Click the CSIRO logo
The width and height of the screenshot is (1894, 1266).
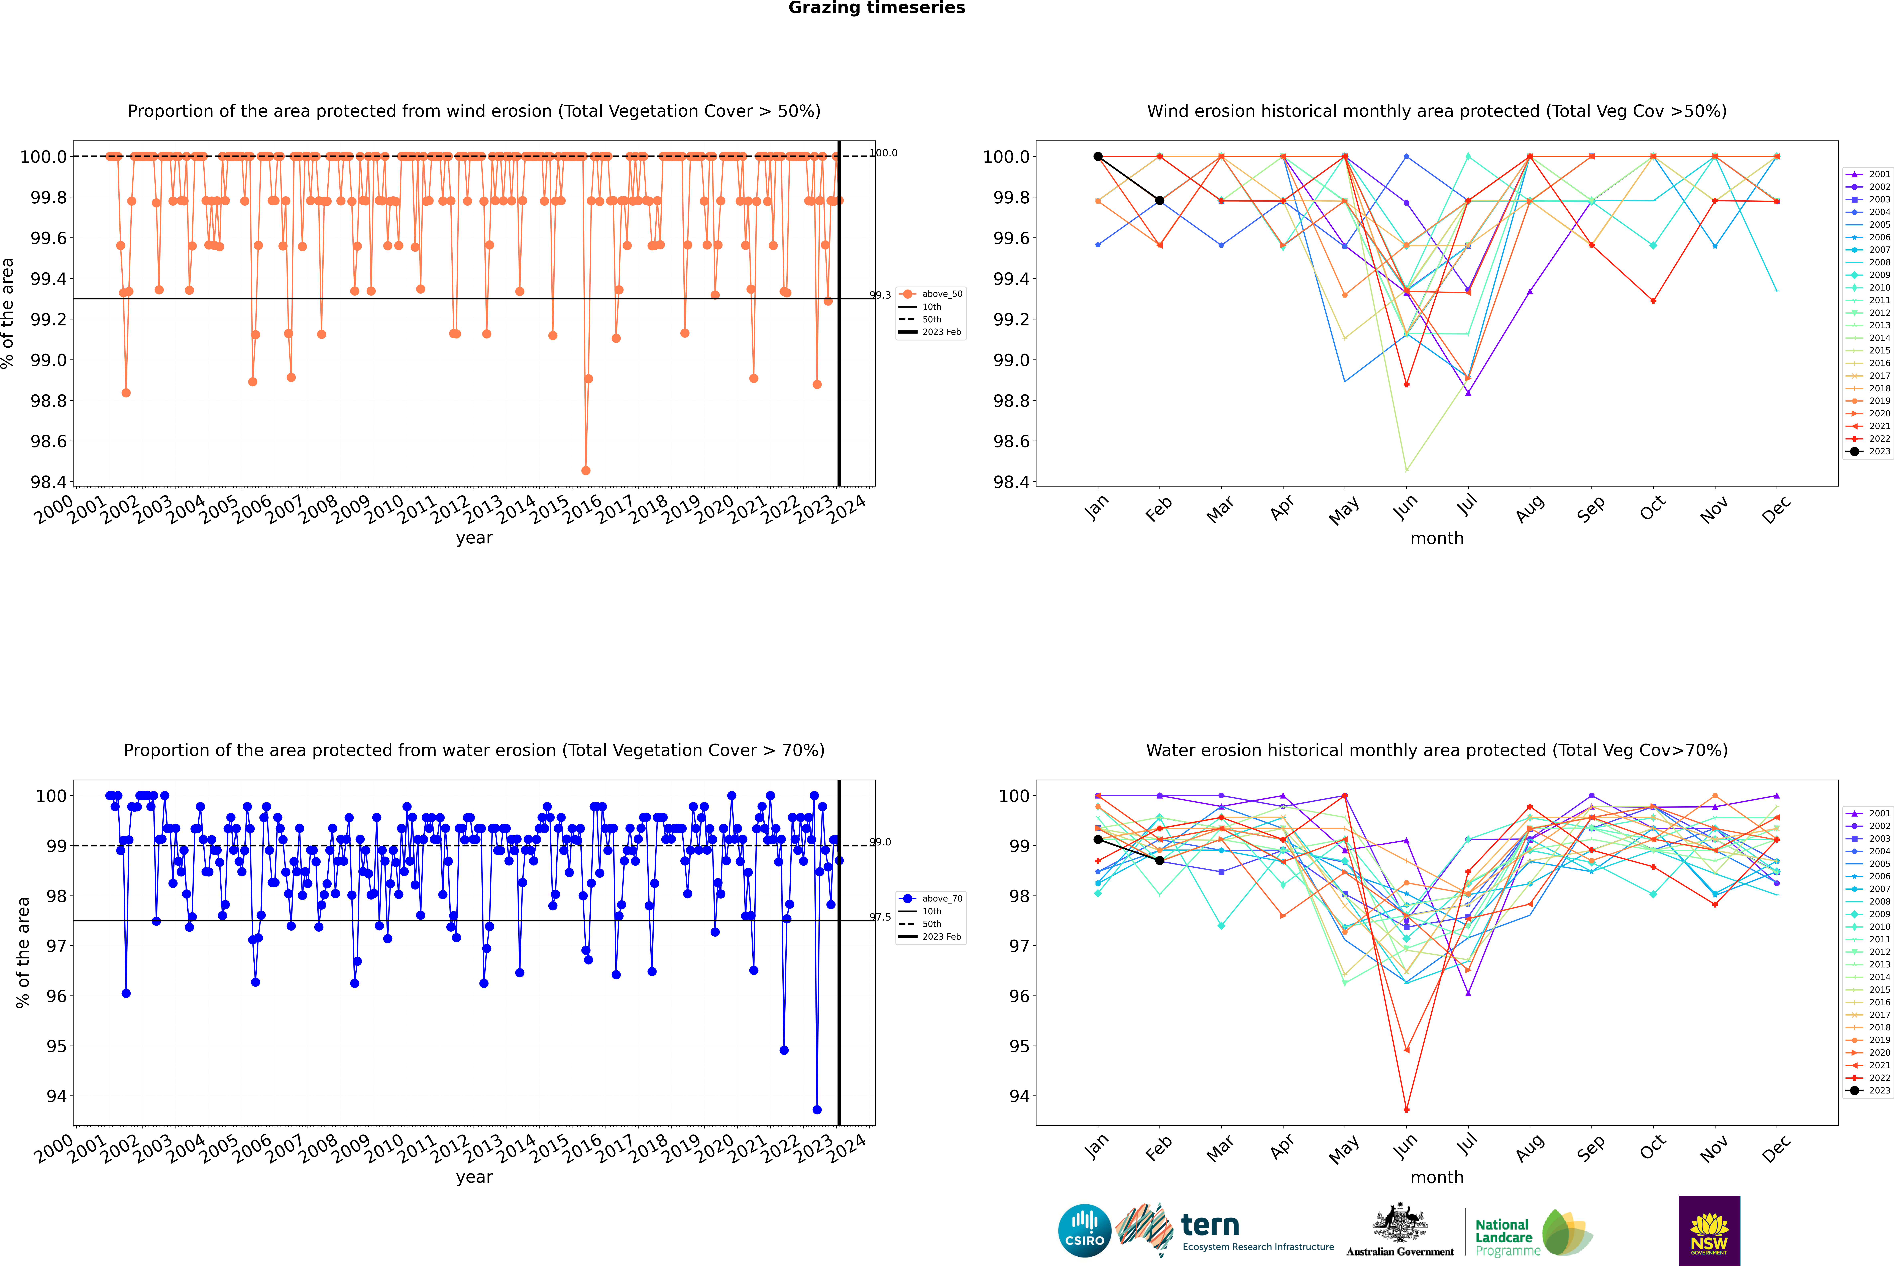[1084, 1231]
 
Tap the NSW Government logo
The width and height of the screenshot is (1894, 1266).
[1709, 1231]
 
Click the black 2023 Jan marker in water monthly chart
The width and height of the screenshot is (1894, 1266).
[1098, 840]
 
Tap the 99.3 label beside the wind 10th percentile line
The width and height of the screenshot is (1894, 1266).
[880, 296]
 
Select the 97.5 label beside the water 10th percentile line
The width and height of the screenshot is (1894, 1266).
[880, 917]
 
